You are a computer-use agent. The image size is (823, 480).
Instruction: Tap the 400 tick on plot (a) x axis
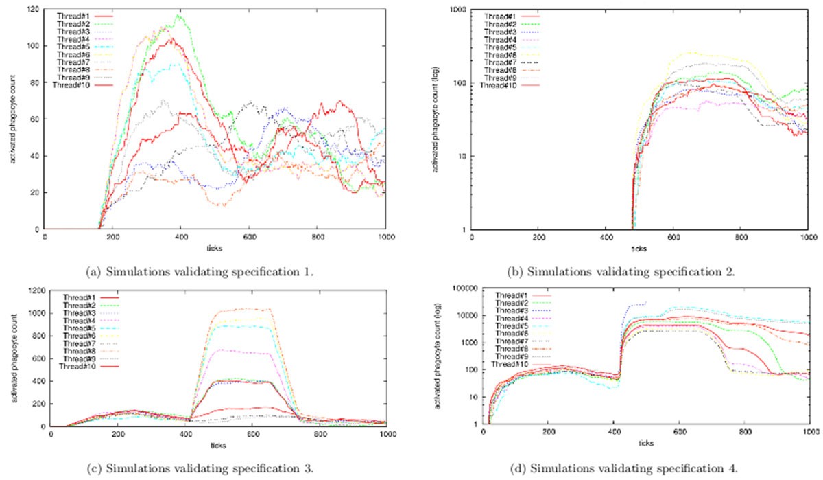[x=180, y=238]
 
